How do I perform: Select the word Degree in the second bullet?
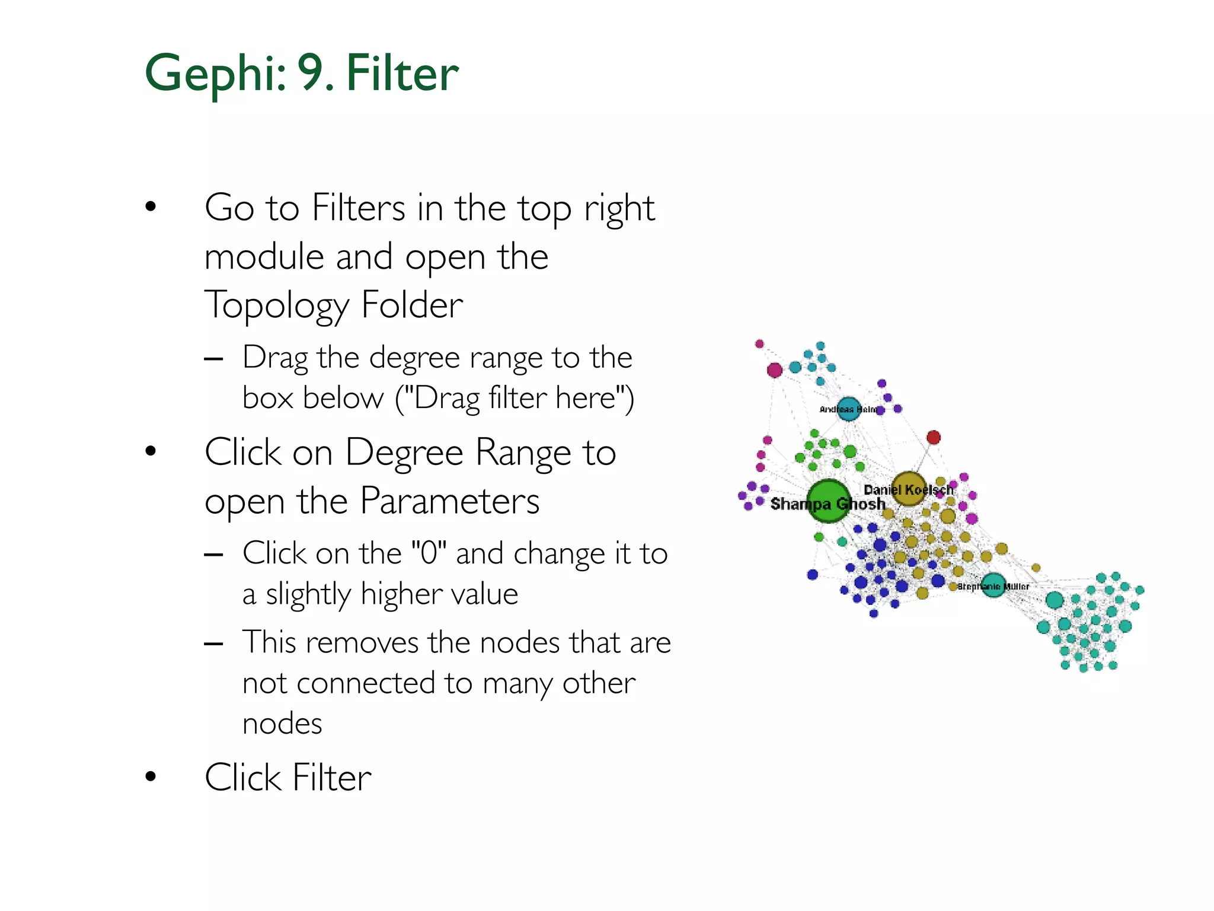pos(404,453)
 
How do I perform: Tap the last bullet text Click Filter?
pos(288,778)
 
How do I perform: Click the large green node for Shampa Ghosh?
pos(828,501)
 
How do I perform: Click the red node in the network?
pos(933,437)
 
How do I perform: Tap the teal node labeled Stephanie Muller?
pos(993,585)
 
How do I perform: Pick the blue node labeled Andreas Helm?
pos(848,409)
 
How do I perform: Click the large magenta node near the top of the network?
pos(774,370)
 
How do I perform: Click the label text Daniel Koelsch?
pos(908,490)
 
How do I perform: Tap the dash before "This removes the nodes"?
pos(213,644)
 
